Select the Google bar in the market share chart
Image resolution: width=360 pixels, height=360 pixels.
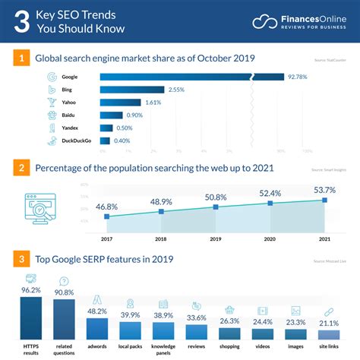click(x=190, y=77)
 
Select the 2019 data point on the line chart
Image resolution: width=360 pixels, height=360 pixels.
click(x=216, y=207)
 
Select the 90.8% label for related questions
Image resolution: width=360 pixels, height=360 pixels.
click(x=64, y=291)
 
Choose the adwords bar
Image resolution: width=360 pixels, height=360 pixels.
click(x=97, y=327)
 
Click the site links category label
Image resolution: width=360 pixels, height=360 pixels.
click(x=329, y=347)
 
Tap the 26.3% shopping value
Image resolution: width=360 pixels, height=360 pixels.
click(x=229, y=321)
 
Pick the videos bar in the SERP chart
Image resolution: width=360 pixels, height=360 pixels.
click(x=263, y=333)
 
